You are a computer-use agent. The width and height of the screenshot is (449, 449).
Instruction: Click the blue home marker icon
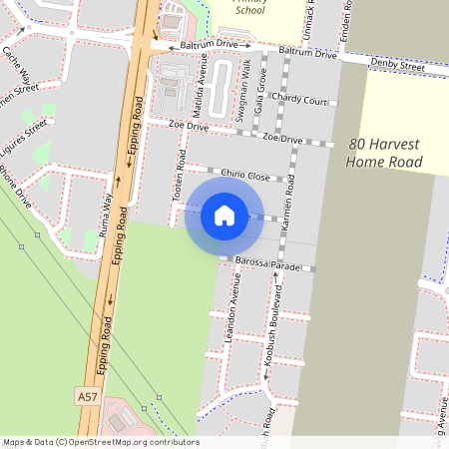[224, 216]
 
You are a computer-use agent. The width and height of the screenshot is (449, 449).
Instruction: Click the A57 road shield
[88, 397]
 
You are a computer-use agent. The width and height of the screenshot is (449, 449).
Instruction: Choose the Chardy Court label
[299, 101]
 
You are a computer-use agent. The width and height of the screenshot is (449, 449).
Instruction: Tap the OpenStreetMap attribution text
[100, 442]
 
